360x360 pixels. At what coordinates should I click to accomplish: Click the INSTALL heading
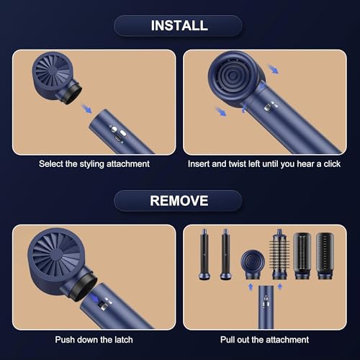[179, 25]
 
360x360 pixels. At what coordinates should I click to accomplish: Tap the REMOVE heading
[179, 201]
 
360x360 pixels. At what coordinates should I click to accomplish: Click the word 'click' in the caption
[332, 164]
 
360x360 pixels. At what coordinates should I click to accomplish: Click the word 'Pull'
[228, 340]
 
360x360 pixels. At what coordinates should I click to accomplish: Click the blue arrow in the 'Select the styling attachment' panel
[86, 108]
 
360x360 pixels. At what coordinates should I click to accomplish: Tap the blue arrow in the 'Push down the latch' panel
[94, 299]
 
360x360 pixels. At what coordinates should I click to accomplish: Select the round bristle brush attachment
[279, 254]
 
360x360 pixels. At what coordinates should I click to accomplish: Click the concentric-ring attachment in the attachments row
[253, 264]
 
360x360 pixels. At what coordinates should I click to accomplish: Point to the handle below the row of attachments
[266, 307]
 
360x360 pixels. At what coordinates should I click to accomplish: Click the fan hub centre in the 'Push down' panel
[57, 254]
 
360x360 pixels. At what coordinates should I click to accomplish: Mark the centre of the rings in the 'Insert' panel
[233, 76]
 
